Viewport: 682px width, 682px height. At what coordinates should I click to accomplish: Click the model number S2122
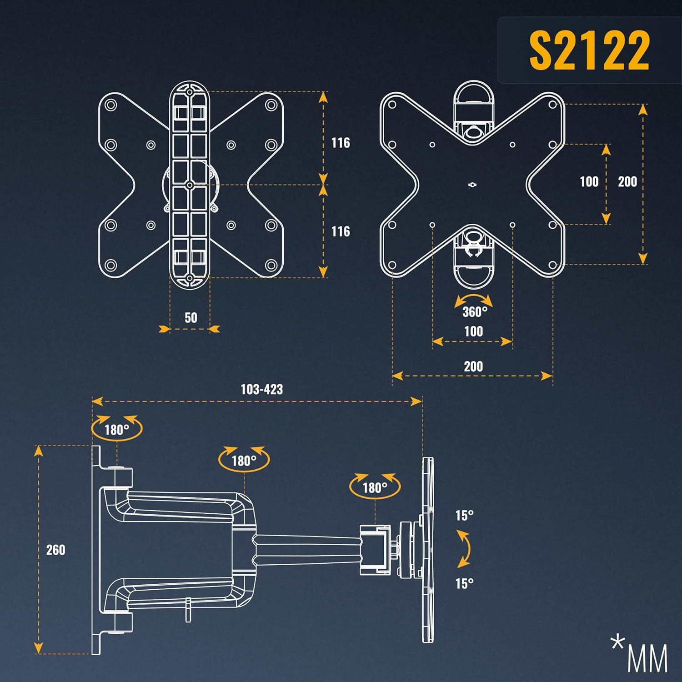[x=589, y=50]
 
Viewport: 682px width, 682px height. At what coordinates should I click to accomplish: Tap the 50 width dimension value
[x=191, y=317]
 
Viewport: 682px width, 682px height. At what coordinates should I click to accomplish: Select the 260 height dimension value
[x=55, y=550]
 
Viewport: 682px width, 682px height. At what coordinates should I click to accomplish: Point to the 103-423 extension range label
[x=261, y=389]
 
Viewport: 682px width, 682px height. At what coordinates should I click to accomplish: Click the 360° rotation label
[x=475, y=312]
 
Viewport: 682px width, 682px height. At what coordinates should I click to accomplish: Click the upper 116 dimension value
[x=341, y=143]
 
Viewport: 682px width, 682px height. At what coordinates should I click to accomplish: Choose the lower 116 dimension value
[x=341, y=231]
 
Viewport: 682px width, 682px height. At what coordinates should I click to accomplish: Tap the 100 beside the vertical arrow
[x=589, y=182]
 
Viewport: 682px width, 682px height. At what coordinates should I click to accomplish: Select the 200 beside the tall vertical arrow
[x=627, y=182]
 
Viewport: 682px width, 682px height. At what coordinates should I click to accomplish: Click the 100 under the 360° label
[x=473, y=331]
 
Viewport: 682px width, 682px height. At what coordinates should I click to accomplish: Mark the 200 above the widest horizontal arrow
[x=473, y=366]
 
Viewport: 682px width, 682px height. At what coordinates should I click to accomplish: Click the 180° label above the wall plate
[x=117, y=430]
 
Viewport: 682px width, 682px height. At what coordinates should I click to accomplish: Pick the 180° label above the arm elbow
[x=244, y=461]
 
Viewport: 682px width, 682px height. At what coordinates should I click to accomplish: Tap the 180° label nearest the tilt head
[x=375, y=488]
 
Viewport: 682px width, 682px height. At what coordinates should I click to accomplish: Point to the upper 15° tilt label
[x=465, y=516]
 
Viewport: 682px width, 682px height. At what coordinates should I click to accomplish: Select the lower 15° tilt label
[x=465, y=583]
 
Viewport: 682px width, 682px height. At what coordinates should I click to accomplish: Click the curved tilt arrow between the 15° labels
[x=465, y=549]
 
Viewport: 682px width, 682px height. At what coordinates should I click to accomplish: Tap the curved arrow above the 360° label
[x=473, y=300]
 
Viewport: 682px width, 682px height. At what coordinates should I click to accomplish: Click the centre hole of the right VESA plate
[x=472, y=185]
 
